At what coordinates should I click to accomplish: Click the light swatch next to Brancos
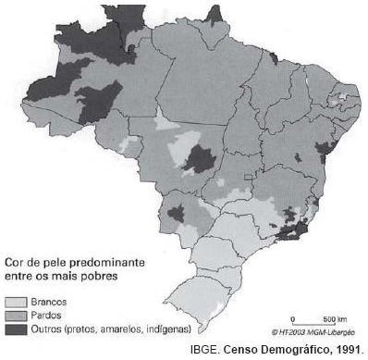click(x=16, y=302)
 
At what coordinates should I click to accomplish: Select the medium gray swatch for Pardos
click(x=16, y=315)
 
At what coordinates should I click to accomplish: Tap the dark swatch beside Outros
click(x=16, y=328)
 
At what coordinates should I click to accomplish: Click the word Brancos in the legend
click(x=48, y=302)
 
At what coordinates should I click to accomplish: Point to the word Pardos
click(x=45, y=315)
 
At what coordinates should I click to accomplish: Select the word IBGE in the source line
click(x=202, y=349)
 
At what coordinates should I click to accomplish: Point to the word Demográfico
click(x=287, y=349)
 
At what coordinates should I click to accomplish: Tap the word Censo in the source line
click(x=238, y=349)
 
